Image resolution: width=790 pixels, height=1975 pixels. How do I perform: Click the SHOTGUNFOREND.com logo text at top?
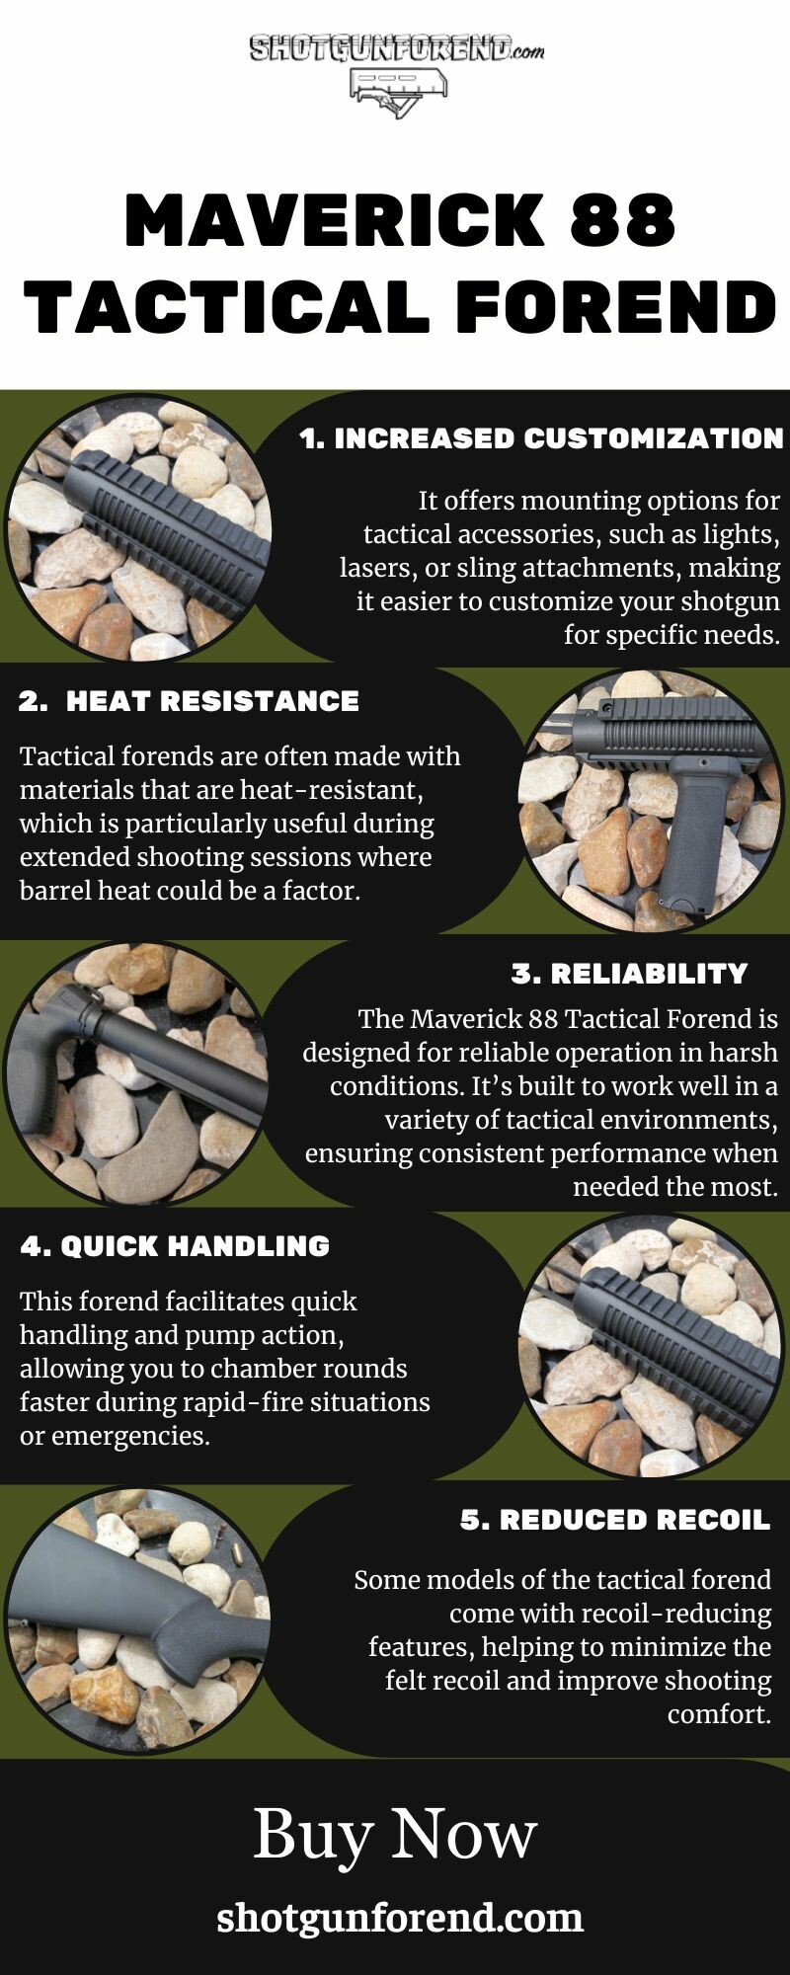[396, 48]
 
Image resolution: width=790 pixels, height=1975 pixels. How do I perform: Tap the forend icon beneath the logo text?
[398, 91]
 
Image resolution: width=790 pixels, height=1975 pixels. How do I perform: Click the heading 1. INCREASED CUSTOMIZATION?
[541, 438]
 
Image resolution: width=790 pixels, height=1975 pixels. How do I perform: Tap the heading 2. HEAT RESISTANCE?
[189, 701]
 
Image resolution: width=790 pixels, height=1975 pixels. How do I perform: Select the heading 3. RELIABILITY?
[629, 974]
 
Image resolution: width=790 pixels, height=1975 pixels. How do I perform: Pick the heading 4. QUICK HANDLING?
[175, 1246]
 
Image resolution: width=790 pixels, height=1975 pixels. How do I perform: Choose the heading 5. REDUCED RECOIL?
[614, 1520]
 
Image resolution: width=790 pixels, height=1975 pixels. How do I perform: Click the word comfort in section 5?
[719, 1714]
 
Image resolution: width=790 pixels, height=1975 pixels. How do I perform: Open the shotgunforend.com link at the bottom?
[400, 1919]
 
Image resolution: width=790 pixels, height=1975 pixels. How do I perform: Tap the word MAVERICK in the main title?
[336, 220]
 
